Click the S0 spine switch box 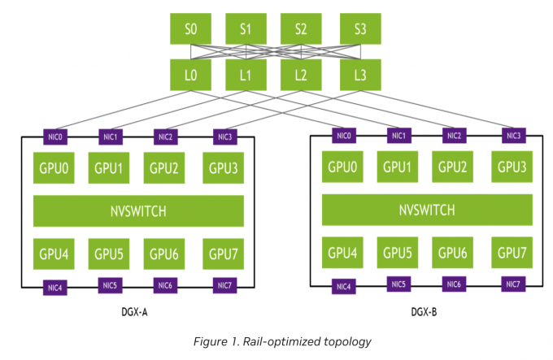[190, 29]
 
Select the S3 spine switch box [359, 29]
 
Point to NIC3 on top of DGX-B [513, 135]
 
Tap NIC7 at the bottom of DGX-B [513, 284]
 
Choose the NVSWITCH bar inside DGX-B [428, 210]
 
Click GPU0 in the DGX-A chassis [53, 168]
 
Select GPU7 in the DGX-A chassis [223, 253]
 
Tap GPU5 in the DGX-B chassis [398, 251]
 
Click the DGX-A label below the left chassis [135, 311]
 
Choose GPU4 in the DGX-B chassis [342, 251]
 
